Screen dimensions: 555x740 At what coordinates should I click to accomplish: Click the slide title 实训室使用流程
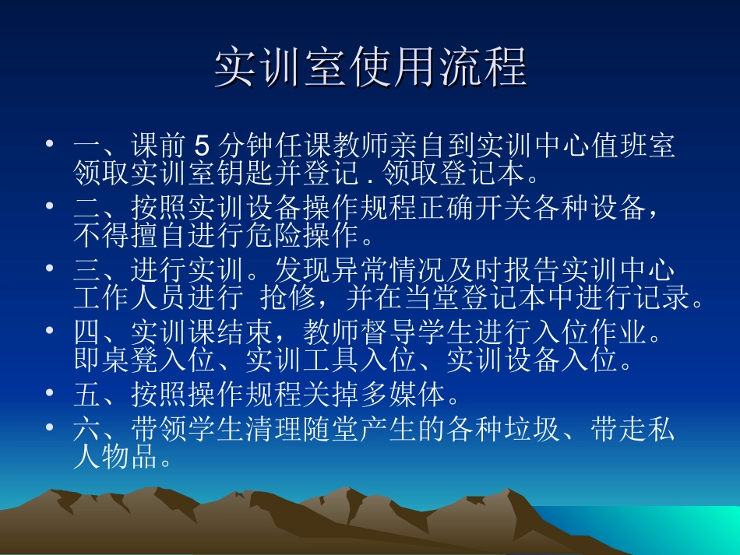pos(371,68)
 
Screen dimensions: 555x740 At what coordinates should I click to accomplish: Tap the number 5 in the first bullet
pos(202,146)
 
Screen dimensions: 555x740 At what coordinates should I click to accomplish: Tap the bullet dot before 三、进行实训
pos(50,269)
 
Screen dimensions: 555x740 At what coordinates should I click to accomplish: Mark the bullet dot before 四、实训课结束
pos(50,332)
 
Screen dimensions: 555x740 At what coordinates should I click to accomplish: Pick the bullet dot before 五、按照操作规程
pos(50,394)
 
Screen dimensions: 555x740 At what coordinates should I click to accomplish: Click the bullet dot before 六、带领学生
pos(50,427)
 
